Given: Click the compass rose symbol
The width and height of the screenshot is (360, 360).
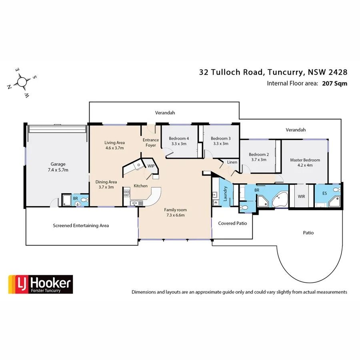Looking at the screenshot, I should pyautogui.click(x=22, y=82).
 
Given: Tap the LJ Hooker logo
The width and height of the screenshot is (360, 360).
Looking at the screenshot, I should pyautogui.click(x=40, y=284).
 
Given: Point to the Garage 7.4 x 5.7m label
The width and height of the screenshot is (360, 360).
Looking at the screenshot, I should pyautogui.click(x=58, y=167).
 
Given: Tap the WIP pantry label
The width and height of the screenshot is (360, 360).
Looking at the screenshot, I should pyautogui.click(x=151, y=166).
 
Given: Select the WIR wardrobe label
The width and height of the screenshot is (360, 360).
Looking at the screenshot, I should pyautogui.click(x=301, y=196).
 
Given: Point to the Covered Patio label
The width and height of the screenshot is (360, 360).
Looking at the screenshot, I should pyautogui.click(x=232, y=223).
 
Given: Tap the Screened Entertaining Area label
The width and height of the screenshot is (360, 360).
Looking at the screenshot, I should pyautogui.click(x=81, y=226).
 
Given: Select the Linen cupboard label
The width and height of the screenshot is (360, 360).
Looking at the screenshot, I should pyautogui.click(x=232, y=162).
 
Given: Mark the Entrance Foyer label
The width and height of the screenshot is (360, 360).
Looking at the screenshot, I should pyautogui.click(x=151, y=142).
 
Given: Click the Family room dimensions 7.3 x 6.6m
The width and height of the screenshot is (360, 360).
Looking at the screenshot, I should pyautogui.click(x=175, y=215).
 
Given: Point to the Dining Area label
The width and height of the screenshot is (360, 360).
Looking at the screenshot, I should pyautogui.click(x=106, y=184).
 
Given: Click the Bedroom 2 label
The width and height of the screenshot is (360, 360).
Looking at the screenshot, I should pyautogui.click(x=258, y=157).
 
